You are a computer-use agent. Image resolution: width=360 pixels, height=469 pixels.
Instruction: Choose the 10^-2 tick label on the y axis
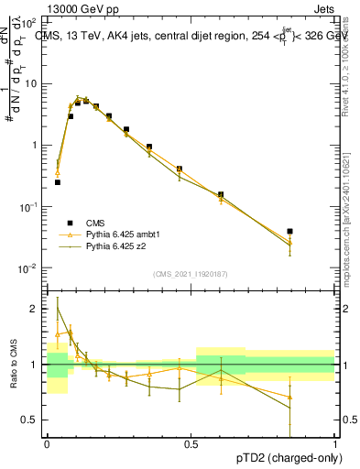point(29,268)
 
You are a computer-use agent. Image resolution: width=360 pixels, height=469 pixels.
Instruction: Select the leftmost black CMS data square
point(58,182)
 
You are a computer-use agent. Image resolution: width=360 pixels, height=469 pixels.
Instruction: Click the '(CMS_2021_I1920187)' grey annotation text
point(191,274)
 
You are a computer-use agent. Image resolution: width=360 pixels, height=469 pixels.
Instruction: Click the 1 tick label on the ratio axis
point(36,365)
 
